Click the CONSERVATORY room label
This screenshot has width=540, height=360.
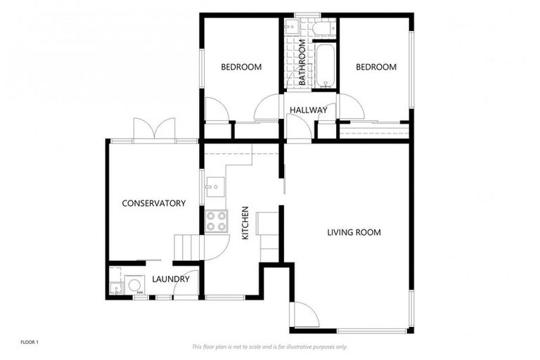(153, 204)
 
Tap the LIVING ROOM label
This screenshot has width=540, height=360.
(354, 232)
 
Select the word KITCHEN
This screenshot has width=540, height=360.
(245, 224)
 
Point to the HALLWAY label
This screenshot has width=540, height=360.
(308, 110)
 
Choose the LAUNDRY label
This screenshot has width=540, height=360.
(171, 279)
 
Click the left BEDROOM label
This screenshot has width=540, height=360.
(241, 67)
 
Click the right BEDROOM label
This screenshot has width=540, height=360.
(375, 67)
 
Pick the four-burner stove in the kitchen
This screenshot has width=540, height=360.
(217, 221)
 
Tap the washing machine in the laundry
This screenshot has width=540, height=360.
(133, 287)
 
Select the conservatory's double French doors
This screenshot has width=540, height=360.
(154, 129)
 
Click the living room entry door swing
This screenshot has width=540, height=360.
(304, 314)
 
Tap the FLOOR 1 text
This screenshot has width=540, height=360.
(29, 342)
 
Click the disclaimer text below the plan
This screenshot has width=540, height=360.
(269, 347)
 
